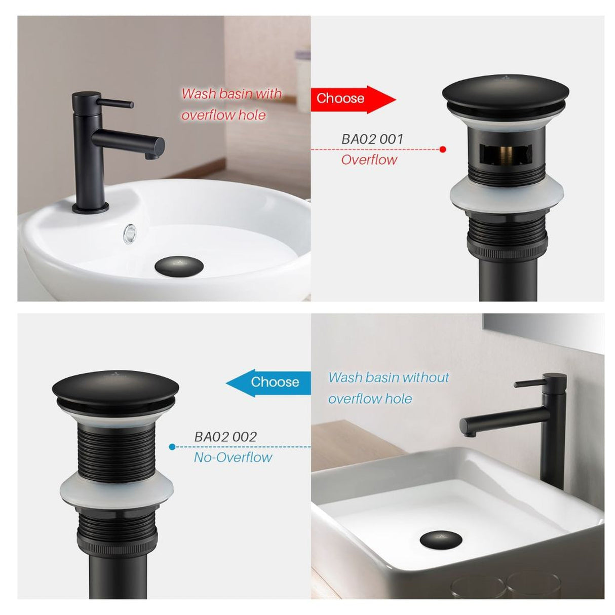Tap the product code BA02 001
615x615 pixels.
click(372, 139)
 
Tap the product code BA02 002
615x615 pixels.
click(225, 437)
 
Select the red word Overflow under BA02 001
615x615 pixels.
click(369, 160)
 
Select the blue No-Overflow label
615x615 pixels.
click(233, 457)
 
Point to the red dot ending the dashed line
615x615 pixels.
click(443, 149)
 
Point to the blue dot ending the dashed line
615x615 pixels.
click(172, 447)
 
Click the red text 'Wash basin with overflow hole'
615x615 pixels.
click(230, 104)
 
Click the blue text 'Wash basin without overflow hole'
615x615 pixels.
click(388, 388)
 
